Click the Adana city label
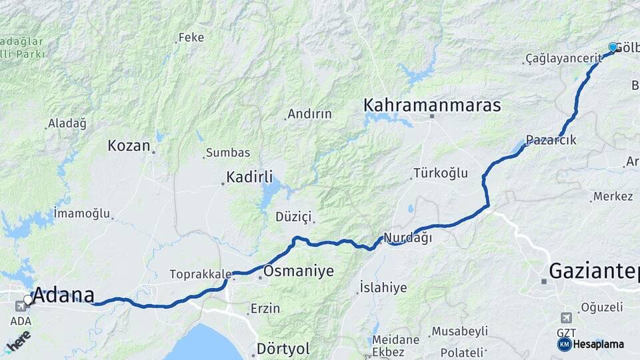pos(64,295)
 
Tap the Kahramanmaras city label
pos(431,105)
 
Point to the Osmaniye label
pos(298,271)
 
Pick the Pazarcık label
pos(551,141)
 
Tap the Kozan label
pos(129,145)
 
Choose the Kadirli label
pos(249,177)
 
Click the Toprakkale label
pos(200,274)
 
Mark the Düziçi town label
pos(294,217)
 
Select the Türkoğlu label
pos(441,173)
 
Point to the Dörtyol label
pos(283,349)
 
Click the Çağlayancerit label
pos(563,59)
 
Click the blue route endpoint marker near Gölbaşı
pos(613,47)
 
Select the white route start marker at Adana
pos(28,300)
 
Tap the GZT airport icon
pos(566,317)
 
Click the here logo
pos(19,342)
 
